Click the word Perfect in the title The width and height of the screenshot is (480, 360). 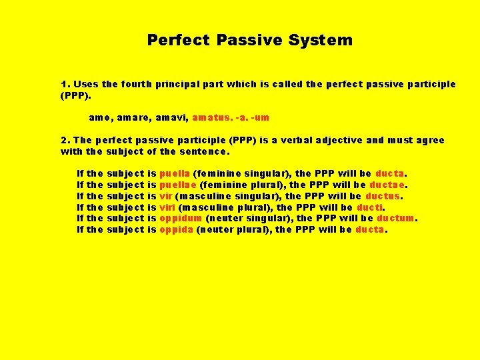(x=179, y=40)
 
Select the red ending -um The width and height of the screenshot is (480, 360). (x=261, y=117)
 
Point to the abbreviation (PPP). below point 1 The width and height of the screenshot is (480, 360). (x=75, y=95)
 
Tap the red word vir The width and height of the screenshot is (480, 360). (x=166, y=196)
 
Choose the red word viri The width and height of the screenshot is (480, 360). (x=167, y=207)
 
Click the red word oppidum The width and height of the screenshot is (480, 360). (x=180, y=218)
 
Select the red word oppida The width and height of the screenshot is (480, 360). (x=176, y=229)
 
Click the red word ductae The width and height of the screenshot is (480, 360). (x=390, y=185)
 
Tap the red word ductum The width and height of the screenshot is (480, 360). (x=395, y=218)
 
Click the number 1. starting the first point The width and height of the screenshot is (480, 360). (x=65, y=84)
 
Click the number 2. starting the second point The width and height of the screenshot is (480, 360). (x=65, y=140)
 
